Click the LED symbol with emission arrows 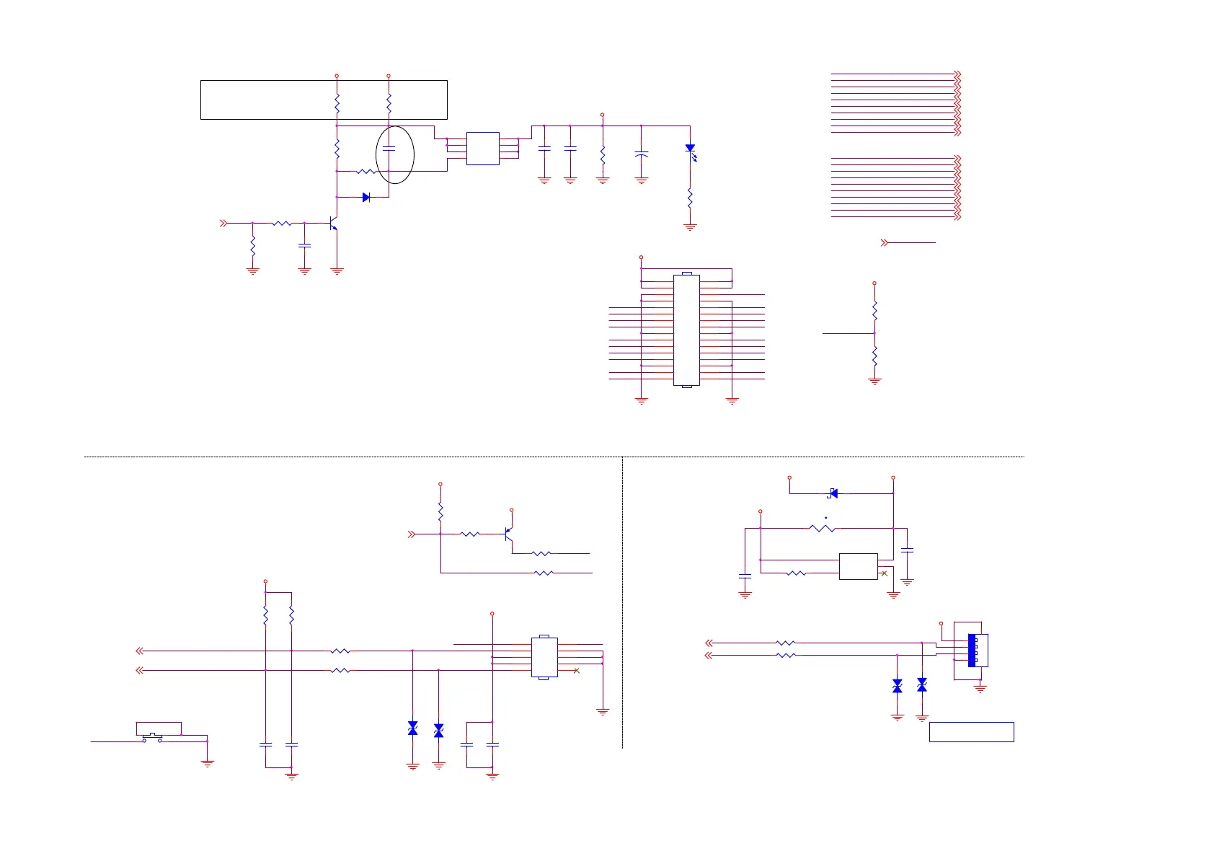coord(691,149)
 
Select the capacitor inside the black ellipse coord(389,148)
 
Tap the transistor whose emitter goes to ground coord(333,224)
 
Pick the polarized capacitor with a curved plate coord(641,154)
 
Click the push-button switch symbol coord(151,737)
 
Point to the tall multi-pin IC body coord(686,330)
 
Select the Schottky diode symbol coord(833,493)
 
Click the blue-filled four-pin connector coord(972,650)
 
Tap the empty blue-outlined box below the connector coord(971,731)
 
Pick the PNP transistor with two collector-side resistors coord(508,534)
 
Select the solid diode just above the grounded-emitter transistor coord(366,197)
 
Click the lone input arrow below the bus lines coord(885,243)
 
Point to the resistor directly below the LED coord(690,197)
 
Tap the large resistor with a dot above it coord(823,529)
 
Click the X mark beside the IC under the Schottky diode coord(885,573)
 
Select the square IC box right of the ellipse coord(482,149)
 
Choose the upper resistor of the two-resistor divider coord(874,311)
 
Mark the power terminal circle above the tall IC coord(641,257)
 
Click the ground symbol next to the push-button coord(207,762)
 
